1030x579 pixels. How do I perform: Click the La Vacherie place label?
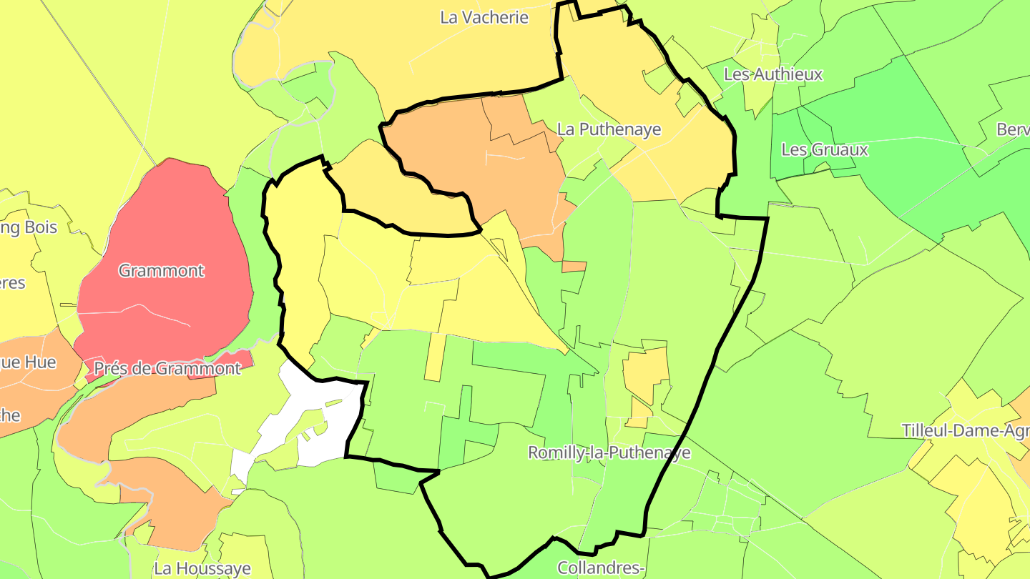[x=484, y=18]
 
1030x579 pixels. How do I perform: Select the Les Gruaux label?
[x=825, y=150]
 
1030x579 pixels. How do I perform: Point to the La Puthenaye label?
[x=609, y=130]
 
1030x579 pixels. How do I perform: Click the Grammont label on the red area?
[x=162, y=271]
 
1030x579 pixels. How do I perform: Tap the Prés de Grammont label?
[x=167, y=369]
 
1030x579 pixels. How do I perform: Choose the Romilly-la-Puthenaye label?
[x=609, y=452]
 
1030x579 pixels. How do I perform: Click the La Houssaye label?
[x=202, y=569]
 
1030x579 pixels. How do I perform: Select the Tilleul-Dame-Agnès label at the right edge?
[x=965, y=431]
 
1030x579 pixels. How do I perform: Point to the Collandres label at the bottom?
[x=602, y=568]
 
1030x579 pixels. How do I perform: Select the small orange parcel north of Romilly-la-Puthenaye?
[x=646, y=372]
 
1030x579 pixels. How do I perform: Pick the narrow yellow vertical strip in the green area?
[x=434, y=357]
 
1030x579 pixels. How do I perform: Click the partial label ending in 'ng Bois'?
[x=29, y=228]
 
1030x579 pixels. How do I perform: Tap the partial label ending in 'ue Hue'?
[x=28, y=362]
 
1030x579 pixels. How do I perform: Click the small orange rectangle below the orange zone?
[x=574, y=267]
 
